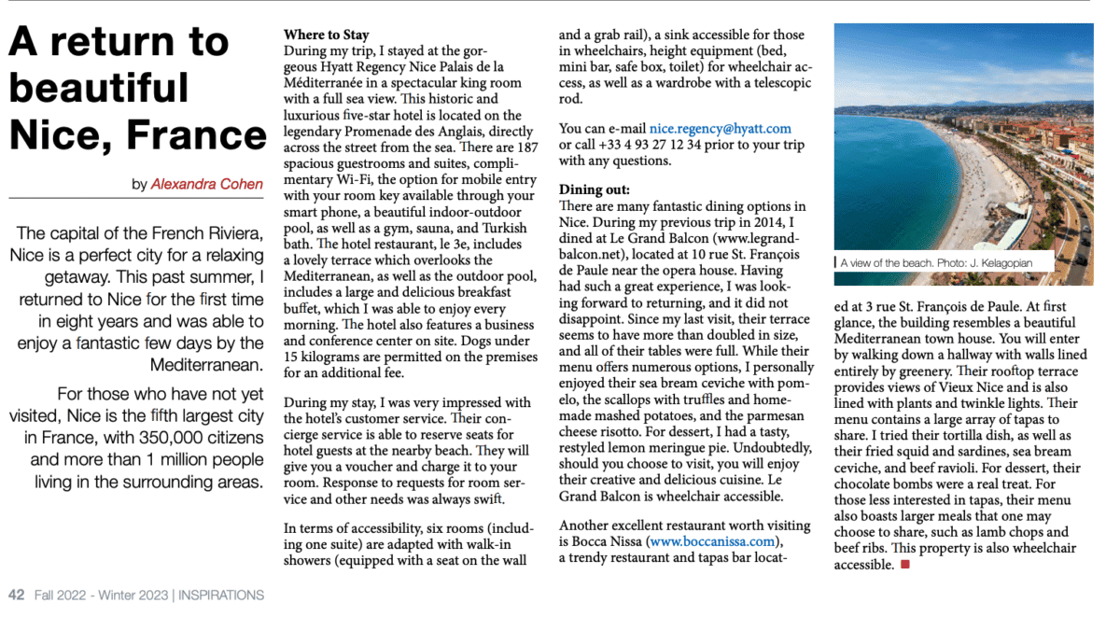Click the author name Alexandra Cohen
pos(206,184)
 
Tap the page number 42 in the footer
pos(16,595)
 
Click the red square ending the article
pos(904,565)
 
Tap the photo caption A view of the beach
pos(886,263)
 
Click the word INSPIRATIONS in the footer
pos(221,595)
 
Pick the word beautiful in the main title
pos(98,88)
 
